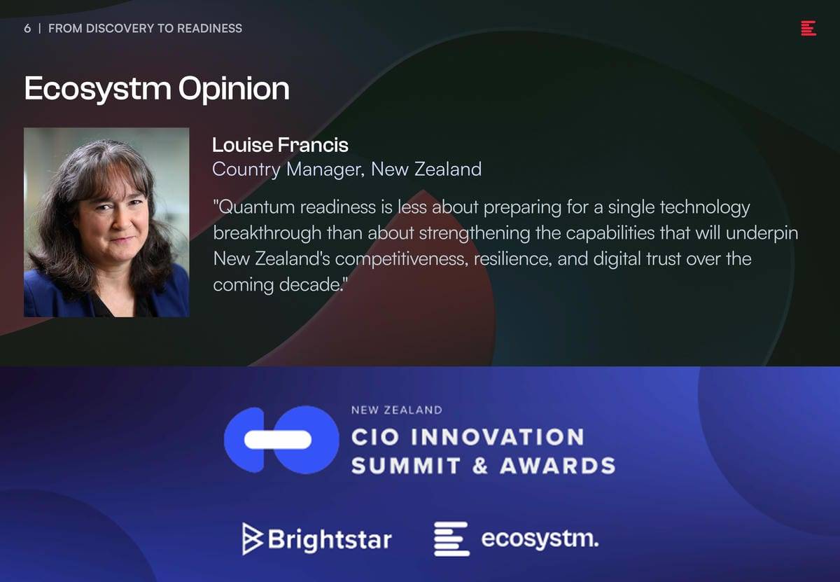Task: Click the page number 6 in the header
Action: coord(27,29)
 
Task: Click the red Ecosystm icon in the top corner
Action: coord(808,28)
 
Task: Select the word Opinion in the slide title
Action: coord(234,90)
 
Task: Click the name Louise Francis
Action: coord(280,145)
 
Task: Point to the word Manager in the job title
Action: coord(325,169)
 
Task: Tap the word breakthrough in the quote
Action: coord(267,233)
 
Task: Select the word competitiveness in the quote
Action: coord(402,259)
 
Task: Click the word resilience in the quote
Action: coord(513,259)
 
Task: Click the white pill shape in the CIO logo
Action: coord(278,439)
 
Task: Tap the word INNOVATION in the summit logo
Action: coord(498,437)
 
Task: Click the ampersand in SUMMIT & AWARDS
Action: coord(480,466)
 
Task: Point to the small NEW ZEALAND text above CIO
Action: coord(397,410)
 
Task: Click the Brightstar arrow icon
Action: coord(252,539)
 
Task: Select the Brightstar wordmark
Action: coord(330,539)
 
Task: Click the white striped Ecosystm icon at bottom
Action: coord(451,539)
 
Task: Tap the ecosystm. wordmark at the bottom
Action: coord(540,539)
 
